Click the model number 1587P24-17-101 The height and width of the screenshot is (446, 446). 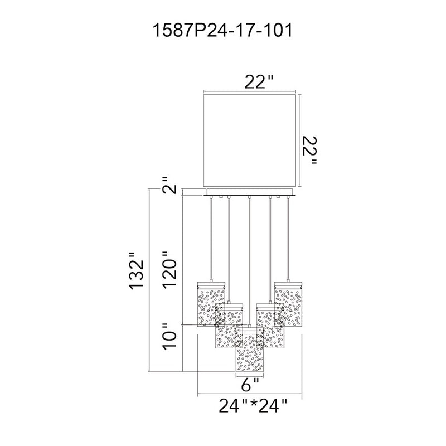pyautogui.click(x=222, y=31)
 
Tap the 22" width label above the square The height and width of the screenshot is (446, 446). pyautogui.click(x=259, y=82)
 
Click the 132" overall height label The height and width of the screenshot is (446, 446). pyautogui.click(x=136, y=271)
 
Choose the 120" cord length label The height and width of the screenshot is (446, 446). pyautogui.click(x=169, y=270)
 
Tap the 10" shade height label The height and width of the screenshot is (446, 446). pyautogui.click(x=169, y=337)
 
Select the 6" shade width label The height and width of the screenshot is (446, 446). pyautogui.click(x=250, y=386)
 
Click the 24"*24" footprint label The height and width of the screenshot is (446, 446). pyautogui.click(x=253, y=405)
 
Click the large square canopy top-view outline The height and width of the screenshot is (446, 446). pyautogui.click(x=250, y=141)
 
